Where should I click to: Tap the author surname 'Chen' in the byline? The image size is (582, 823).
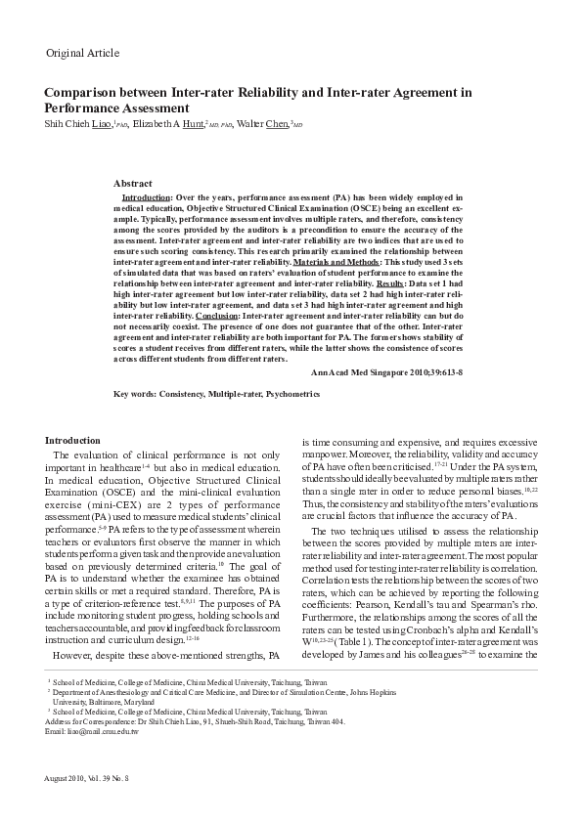pos(279,125)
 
